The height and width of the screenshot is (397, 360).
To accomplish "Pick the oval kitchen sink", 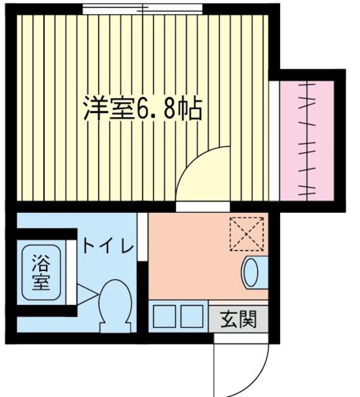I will pos(250,272).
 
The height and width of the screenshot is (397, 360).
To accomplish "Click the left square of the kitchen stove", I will pos(164,317).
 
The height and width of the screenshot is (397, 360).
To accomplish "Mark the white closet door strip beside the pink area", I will pos(273,140).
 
